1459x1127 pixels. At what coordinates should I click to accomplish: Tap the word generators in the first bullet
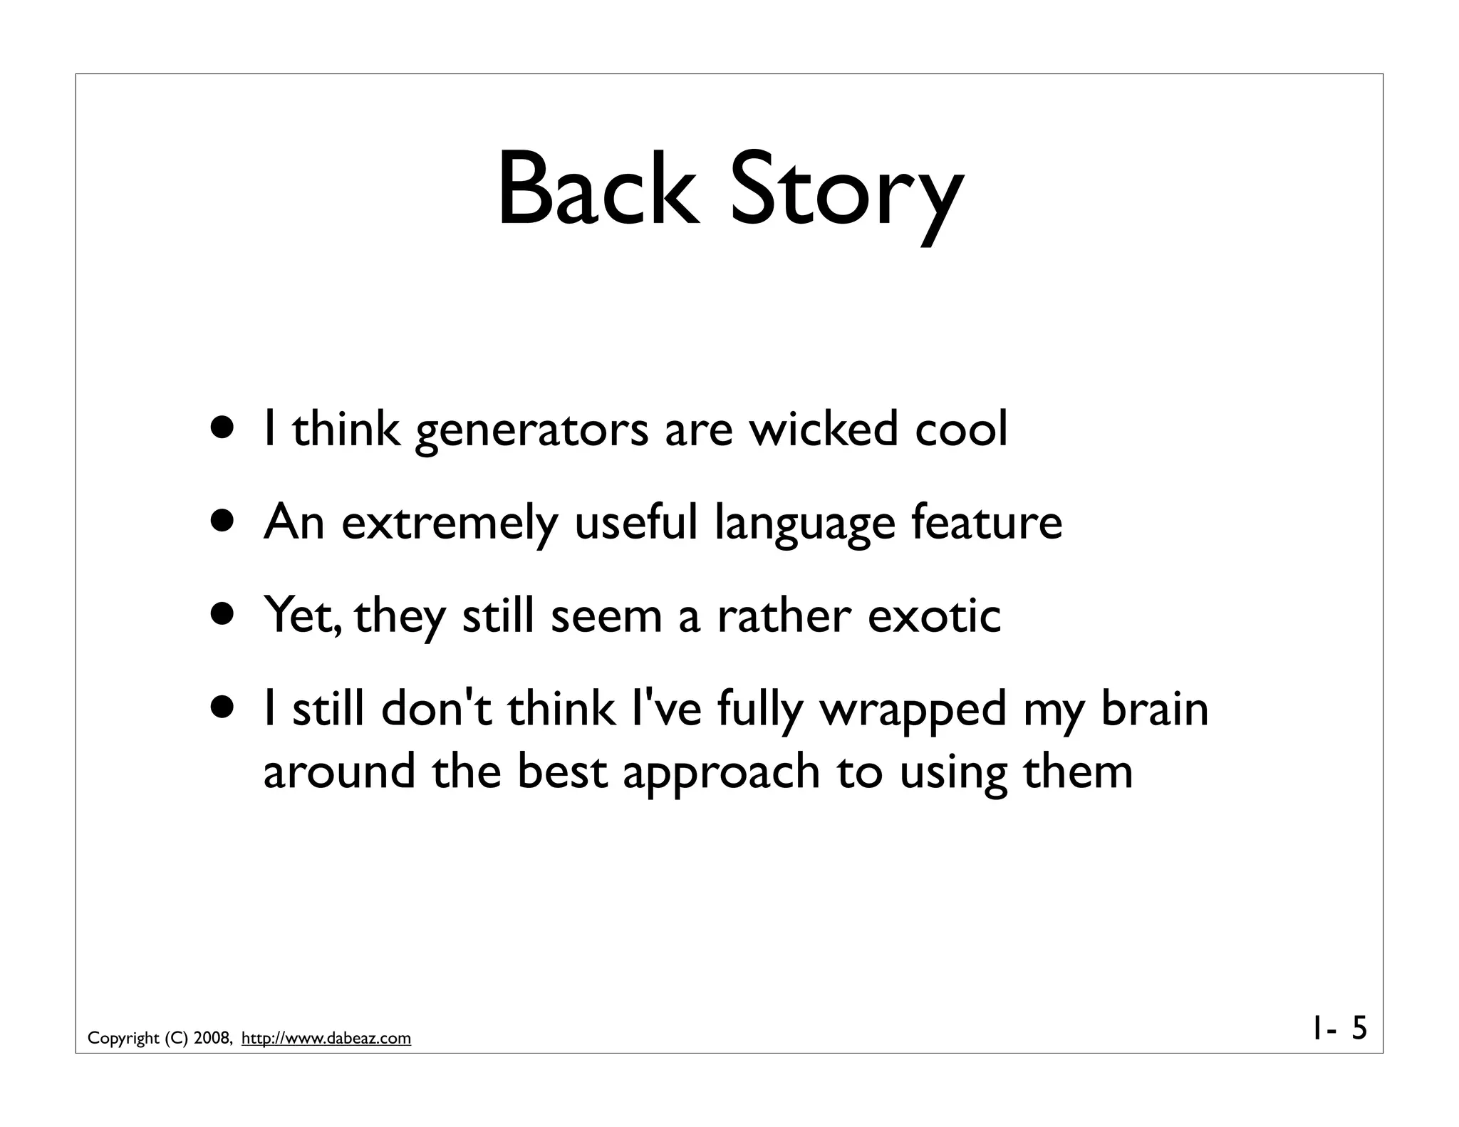(x=531, y=432)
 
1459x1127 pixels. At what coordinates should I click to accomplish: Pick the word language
(x=804, y=524)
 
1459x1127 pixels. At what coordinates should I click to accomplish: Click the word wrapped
(x=913, y=711)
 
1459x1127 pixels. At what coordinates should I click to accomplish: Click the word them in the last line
(x=1077, y=772)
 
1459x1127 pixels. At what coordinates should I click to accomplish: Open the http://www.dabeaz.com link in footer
(x=326, y=1038)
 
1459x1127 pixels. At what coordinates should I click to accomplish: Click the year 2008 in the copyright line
(x=210, y=1038)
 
